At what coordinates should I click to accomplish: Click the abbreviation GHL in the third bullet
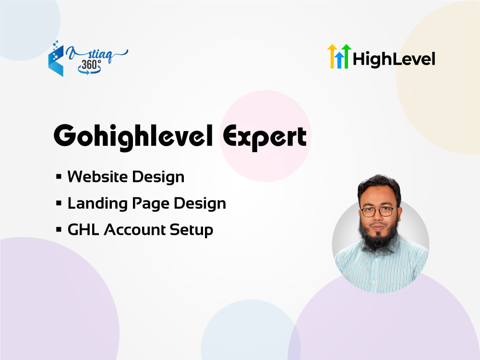pyautogui.click(x=84, y=230)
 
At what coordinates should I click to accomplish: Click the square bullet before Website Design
pyautogui.click(x=59, y=177)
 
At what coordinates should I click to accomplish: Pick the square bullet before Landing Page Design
pyautogui.click(x=59, y=204)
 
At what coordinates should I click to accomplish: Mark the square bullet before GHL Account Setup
pyautogui.click(x=59, y=230)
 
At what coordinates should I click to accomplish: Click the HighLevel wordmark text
pyautogui.click(x=394, y=59)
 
